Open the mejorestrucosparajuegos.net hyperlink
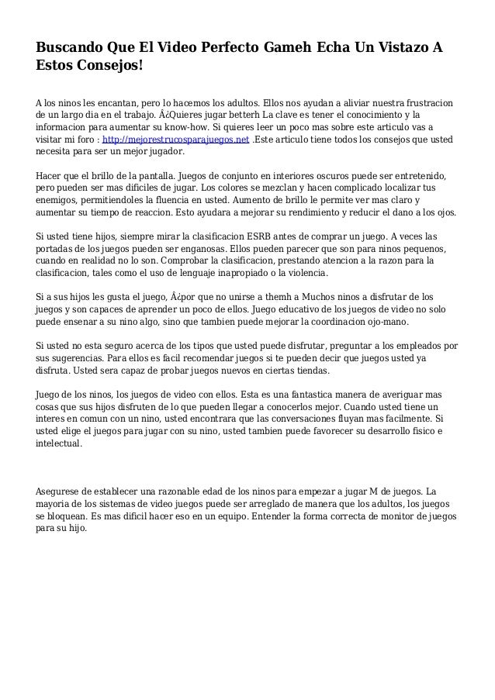[176, 140]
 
